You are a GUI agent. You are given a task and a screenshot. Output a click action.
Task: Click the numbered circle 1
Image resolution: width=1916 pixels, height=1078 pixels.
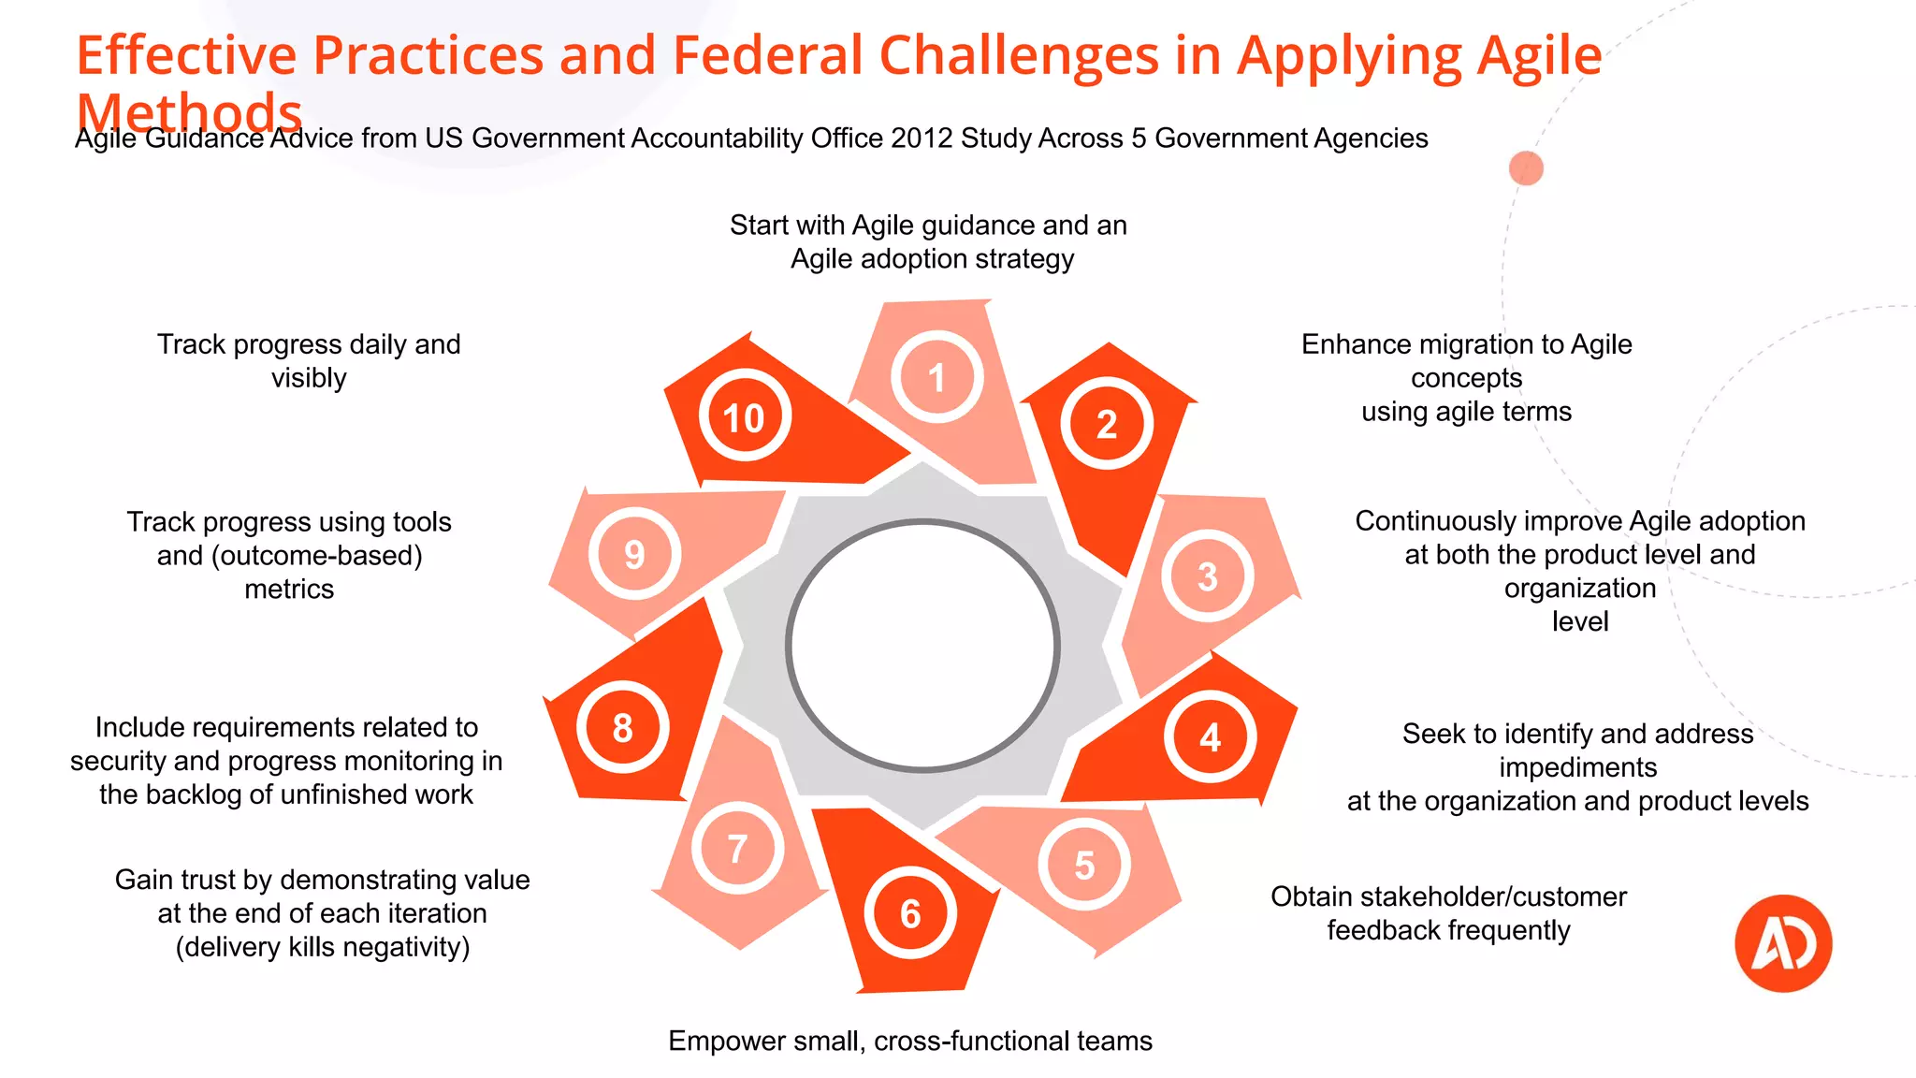936,377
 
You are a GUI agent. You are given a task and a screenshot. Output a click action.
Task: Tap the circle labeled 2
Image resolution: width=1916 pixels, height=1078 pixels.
1107,424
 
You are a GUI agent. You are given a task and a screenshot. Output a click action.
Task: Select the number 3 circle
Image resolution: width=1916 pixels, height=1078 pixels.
1208,576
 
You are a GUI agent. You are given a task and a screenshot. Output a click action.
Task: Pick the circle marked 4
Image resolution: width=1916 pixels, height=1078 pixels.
1210,737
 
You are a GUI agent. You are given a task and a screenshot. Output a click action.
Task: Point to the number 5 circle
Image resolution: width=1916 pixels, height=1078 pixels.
1084,865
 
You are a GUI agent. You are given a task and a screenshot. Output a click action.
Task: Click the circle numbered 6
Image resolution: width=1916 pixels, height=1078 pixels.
910,913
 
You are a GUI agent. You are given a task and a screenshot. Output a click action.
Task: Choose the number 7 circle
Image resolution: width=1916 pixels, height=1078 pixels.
737,849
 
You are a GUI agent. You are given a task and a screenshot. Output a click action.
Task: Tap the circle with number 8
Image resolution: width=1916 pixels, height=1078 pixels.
622,728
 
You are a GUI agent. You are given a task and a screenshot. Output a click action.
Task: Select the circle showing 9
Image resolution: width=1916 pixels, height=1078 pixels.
634,554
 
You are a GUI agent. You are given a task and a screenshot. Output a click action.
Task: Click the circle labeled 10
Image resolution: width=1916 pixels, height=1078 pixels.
744,417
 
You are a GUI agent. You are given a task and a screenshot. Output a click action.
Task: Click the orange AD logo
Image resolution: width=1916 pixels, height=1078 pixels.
1783,943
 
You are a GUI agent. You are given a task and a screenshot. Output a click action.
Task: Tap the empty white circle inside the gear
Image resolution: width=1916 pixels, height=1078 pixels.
922,646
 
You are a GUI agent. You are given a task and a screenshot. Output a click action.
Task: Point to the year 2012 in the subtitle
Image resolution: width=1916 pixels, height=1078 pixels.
922,138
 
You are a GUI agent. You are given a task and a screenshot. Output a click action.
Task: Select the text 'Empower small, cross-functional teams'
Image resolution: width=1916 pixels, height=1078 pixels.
909,1041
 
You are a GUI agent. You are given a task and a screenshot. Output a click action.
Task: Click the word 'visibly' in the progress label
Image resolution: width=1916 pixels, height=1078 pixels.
309,378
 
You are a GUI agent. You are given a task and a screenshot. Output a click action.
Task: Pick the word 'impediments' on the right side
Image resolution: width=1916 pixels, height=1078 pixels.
1577,767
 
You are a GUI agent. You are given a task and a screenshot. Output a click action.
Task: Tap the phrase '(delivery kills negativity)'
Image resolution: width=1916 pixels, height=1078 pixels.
323,947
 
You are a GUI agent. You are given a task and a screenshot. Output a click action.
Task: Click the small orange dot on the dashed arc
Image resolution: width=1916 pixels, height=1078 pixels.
1526,168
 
